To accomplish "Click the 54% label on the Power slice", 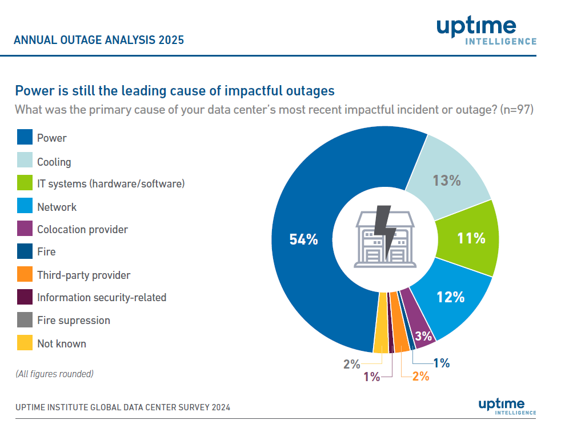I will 303,239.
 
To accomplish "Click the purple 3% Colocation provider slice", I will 423,335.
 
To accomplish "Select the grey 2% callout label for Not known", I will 351,363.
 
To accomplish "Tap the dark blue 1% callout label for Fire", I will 441,362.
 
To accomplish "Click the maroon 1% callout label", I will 371,377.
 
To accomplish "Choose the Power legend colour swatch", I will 25,138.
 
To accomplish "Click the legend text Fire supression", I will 74,321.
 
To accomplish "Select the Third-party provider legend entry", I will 83,275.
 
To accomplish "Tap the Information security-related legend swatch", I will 25,297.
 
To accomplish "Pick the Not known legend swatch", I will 25,343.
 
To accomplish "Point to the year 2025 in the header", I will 171,40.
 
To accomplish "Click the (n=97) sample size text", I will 516,110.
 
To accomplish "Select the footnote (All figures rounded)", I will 54,374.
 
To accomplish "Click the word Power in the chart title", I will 34,90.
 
